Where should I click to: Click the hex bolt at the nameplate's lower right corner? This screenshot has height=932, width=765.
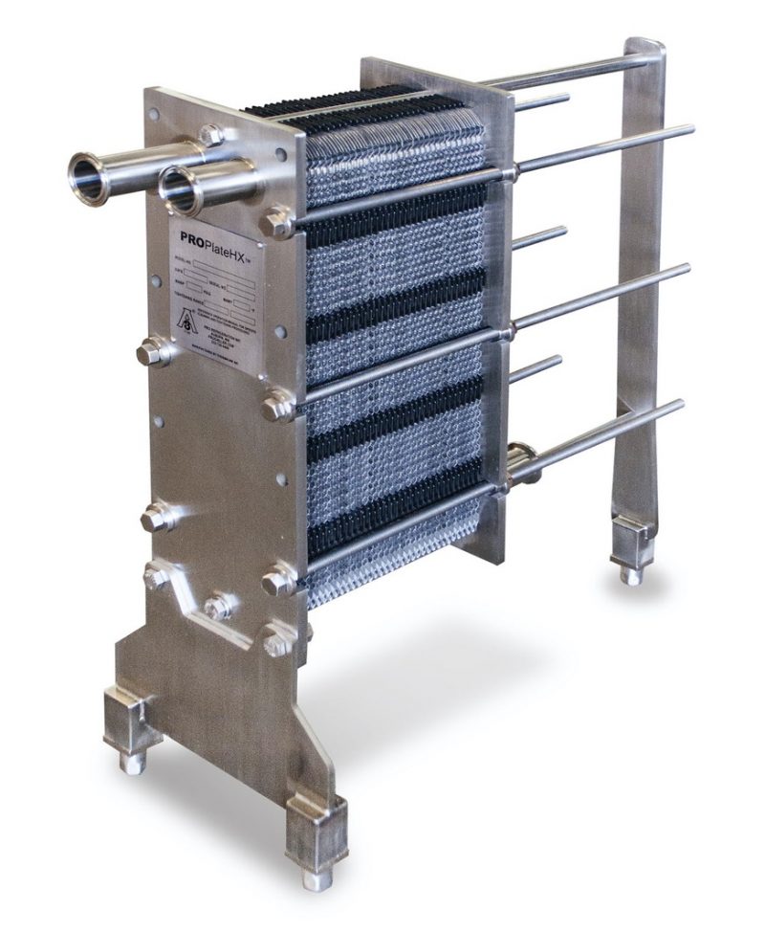point(278,404)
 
